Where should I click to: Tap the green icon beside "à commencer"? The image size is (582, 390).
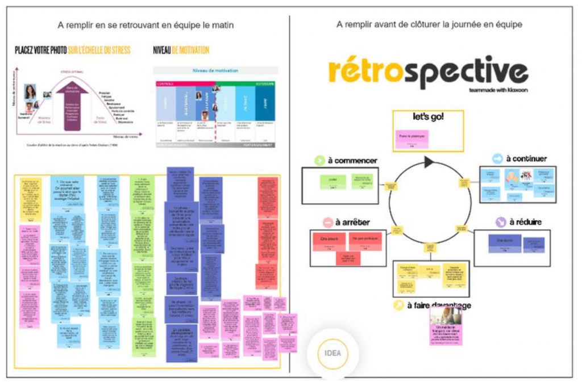click(x=319, y=161)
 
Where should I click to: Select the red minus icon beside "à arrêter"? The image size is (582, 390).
click(x=327, y=222)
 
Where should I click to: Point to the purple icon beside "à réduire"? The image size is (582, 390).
click(x=501, y=222)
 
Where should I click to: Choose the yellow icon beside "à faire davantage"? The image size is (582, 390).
click(x=399, y=305)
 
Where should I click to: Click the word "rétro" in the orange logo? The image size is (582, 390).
click(x=359, y=73)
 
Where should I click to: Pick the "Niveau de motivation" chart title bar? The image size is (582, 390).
click(x=215, y=70)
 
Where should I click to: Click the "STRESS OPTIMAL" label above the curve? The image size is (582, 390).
click(x=72, y=72)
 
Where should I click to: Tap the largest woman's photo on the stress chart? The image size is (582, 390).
click(x=30, y=91)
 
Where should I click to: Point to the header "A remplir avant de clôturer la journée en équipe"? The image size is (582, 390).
click(x=429, y=24)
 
